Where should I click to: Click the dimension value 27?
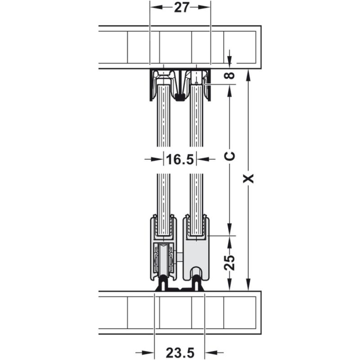[180, 8]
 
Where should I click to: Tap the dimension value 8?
[230, 76]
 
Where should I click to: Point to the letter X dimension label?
[247, 178]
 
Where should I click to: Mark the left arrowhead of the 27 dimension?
[154, 7]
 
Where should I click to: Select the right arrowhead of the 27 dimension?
[206, 7]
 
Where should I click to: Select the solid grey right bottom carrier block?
[198, 252]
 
